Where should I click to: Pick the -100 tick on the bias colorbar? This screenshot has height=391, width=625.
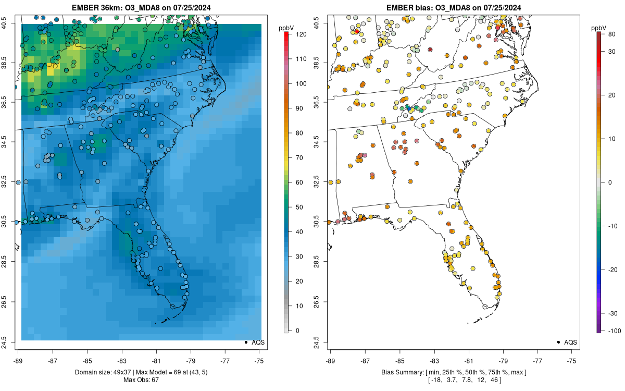point(611,331)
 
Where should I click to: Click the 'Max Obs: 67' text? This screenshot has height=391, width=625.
point(141,380)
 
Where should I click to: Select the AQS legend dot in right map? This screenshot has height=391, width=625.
point(558,342)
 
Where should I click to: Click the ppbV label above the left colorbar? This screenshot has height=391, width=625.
point(287,27)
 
